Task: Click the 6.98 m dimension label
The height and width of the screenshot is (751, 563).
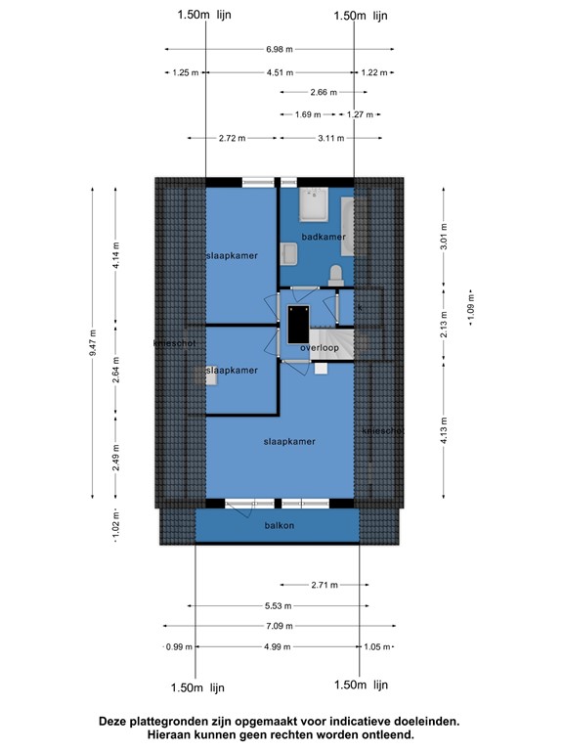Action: click(x=280, y=49)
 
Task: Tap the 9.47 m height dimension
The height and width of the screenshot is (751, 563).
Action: click(x=93, y=342)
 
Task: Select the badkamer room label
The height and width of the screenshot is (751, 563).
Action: click(x=324, y=237)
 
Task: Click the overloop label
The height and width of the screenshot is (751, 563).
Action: click(x=320, y=348)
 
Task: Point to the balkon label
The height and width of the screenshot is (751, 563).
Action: click(x=280, y=525)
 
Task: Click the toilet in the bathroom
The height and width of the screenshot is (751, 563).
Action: click(x=336, y=276)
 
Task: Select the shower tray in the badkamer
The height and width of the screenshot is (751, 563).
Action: click(x=314, y=204)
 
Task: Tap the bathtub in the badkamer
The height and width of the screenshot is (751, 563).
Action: click(x=348, y=227)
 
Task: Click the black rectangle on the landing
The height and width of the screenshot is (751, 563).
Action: click(x=298, y=325)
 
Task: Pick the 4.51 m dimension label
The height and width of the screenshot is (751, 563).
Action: click(x=281, y=72)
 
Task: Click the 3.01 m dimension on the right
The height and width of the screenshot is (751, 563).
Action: click(x=444, y=236)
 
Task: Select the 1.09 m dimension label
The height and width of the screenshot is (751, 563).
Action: click(x=470, y=308)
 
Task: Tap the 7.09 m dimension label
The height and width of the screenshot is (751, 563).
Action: click(x=280, y=626)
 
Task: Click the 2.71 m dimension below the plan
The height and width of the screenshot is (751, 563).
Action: click(x=325, y=585)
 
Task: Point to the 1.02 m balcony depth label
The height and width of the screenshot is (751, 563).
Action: click(x=116, y=525)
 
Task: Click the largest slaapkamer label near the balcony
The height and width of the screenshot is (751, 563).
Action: click(x=289, y=442)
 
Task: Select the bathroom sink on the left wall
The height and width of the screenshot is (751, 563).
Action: click(x=289, y=254)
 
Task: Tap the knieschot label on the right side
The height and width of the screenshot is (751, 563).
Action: click(x=383, y=431)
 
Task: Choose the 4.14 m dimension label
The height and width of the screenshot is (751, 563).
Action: click(x=116, y=255)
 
